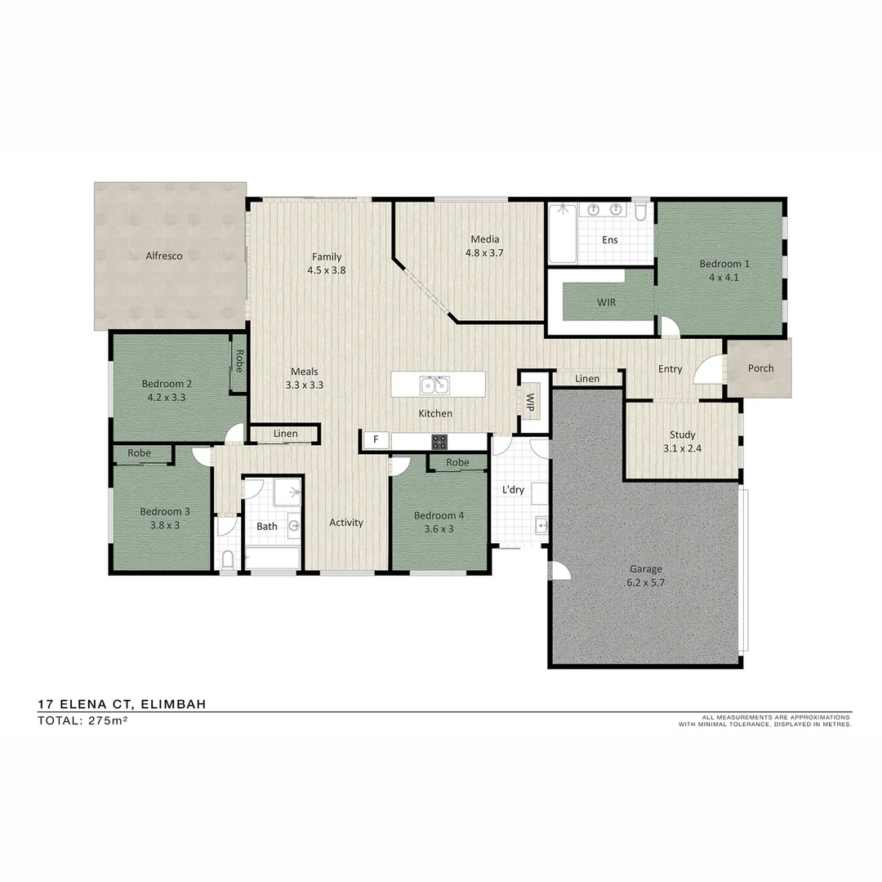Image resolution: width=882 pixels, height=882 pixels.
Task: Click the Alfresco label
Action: coord(163,256)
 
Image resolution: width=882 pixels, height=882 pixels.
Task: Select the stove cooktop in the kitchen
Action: coord(439,442)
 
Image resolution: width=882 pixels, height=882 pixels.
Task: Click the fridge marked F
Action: coord(376,440)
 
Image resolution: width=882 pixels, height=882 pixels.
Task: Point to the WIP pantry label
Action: coord(530,401)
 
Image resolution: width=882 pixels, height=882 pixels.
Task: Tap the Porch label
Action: coord(760,368)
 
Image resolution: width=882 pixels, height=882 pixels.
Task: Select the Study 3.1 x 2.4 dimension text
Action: coord(682,448)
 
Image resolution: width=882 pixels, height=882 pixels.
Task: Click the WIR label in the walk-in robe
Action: coord(606,302)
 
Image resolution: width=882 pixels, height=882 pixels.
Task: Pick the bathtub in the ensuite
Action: coord(562,234)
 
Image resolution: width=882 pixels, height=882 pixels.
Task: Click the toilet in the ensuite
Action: coord(640,213)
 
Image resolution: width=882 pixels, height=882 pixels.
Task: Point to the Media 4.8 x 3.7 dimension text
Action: coord(484,253)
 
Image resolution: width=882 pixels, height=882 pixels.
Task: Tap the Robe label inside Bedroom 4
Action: coord(458,462)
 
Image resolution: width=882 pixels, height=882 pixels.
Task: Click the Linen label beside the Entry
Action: coord(586,379)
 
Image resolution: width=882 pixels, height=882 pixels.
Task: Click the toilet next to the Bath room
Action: coord(228,559)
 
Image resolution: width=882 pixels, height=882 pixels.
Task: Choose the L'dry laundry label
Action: coord(513,489)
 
